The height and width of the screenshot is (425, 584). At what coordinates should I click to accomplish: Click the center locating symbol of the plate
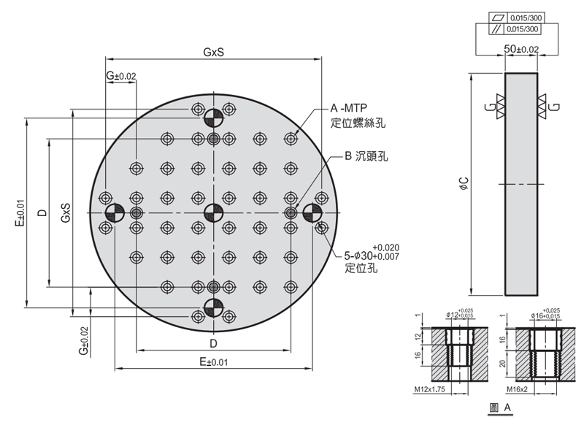click(213, 213)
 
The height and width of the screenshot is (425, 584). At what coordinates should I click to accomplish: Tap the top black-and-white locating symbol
click(213, 117)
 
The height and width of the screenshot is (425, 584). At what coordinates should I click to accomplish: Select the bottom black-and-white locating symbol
click(213, 307)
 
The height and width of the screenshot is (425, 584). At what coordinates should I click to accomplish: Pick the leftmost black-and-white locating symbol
click(115, 213)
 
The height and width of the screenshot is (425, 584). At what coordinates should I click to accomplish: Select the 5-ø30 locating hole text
click(369, 256)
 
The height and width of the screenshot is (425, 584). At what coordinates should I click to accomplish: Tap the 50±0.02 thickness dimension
click(522, 48)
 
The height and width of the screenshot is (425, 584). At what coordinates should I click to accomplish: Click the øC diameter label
click(463, 184)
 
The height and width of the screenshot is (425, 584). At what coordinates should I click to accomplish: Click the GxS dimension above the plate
click(213, 53)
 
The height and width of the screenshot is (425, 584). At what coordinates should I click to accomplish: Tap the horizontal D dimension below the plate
click(213, 342)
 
